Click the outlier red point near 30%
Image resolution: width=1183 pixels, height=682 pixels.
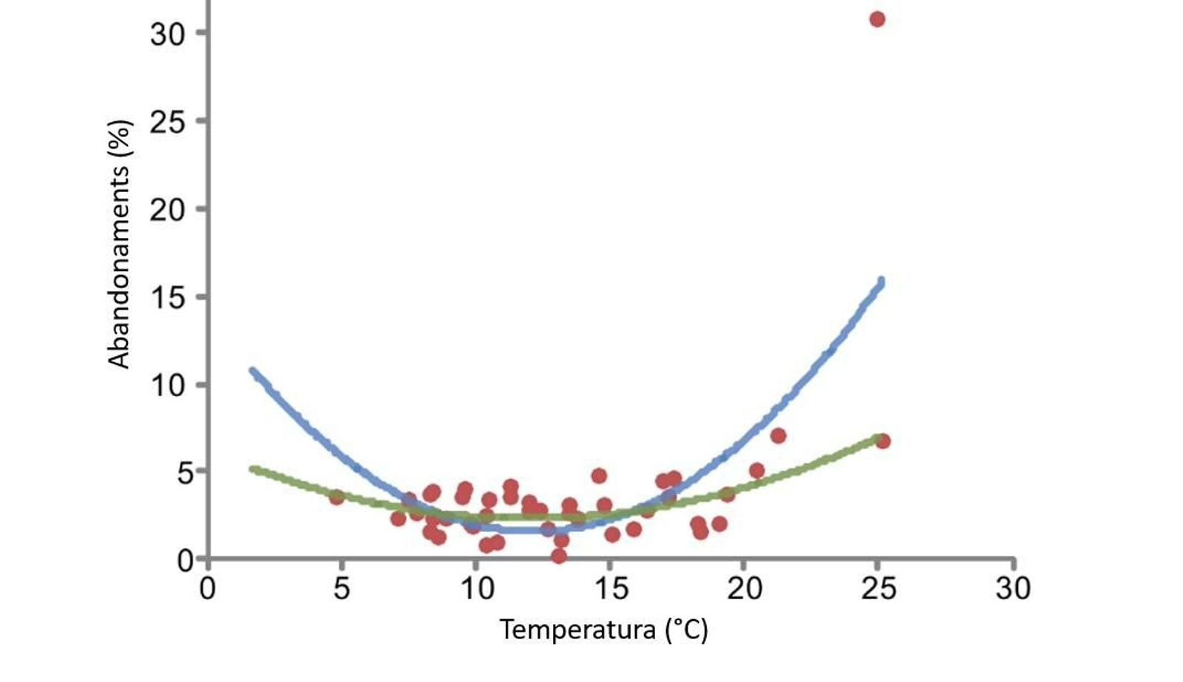click(877, 19)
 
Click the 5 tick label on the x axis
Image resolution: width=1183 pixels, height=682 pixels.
click(342, 589)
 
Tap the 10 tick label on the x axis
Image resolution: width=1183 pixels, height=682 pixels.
click(477, 589)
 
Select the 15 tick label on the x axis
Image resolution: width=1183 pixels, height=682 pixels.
click(611, 589)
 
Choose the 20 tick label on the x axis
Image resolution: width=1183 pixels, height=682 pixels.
click(745, 589)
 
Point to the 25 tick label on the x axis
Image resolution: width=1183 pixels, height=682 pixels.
click(879, 589)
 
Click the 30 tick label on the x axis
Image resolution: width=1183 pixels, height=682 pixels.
click(1013, 589)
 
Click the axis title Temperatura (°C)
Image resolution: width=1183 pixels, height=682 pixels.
click(603, 630)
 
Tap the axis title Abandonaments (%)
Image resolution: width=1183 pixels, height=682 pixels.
click(119, 244)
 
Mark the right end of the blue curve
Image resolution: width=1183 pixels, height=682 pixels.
click(881, 282)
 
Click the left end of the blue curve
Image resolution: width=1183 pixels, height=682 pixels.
click(253, 371)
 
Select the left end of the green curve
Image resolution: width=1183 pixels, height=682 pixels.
click(253, 469)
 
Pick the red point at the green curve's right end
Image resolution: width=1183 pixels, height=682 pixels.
click(882, 441)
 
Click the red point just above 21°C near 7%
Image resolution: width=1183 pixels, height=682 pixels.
click(778, 436)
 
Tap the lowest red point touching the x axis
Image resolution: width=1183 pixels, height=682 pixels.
click(559, 556)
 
